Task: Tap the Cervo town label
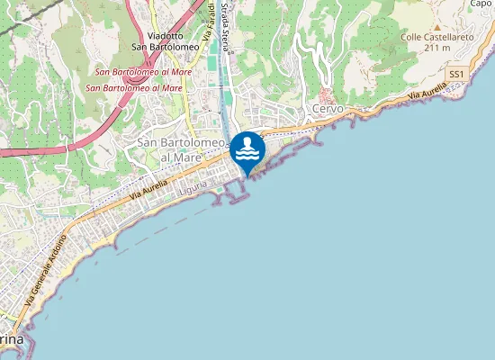pos(328,109)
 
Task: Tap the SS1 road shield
pos(456,73)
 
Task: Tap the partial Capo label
pos(481,4)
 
